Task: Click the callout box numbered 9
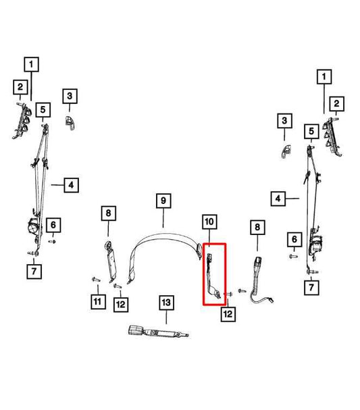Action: (x=163, y=201)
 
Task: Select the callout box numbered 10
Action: (x=209, y=222)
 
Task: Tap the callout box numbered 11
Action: (x=98, y=302)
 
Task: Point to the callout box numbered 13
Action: (x=167, y=303)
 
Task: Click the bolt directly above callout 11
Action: (x=96, y=280)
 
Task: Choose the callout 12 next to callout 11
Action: (x=121, y=305)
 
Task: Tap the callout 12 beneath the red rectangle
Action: (x=228, y=314)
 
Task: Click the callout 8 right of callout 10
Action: (x=257, y=227)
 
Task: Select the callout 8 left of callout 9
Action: (x=109, y=213)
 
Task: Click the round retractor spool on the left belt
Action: (x=34, y=225)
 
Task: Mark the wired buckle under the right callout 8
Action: (x=259, y=280)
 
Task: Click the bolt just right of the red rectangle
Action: (x=228, y=294)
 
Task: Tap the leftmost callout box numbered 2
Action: (x=20, y=87)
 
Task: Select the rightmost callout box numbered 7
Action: (x=311, y=288)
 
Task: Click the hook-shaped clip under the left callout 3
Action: (x=70, y=122)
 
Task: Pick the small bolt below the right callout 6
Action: (x=294, y=257)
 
